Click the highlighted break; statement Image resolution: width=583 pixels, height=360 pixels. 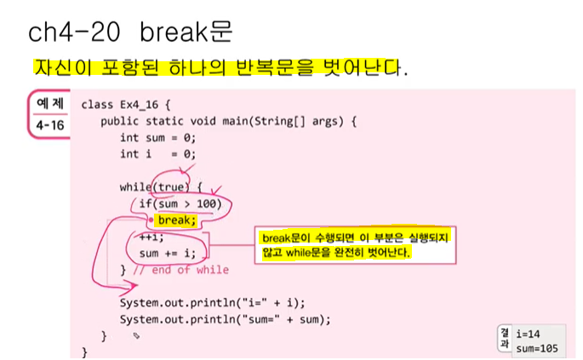[176, 220]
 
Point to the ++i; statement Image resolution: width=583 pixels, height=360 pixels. [151, 237]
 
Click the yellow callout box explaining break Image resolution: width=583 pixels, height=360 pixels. [354, 245]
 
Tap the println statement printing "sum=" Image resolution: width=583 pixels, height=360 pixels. [225, 319]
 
